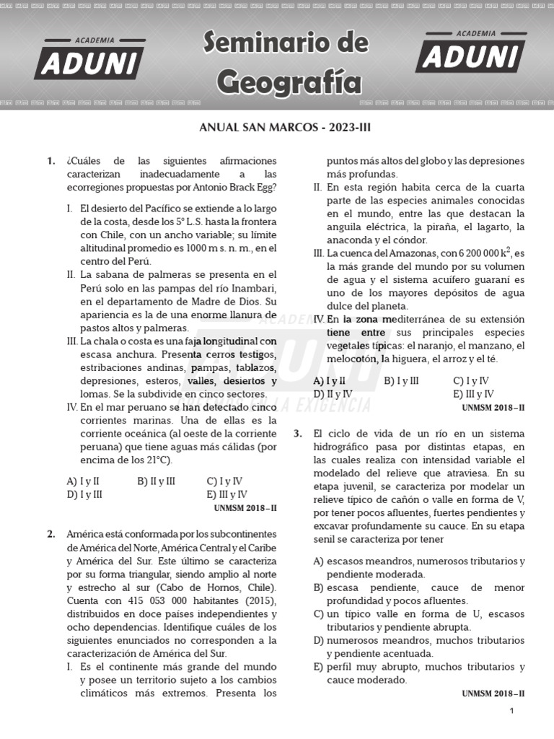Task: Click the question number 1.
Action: coord(50,161)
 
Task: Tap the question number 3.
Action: coord(297,433)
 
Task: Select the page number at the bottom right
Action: coord(511,711)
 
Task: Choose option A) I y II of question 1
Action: coord(83,481)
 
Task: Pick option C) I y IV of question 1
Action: coord(224,481)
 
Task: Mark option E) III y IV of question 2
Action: coord(473,394)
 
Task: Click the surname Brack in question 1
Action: coord(228,188)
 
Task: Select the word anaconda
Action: coord(349,240)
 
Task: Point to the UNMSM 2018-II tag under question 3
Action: coord(493,694)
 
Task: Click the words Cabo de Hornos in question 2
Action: coord(156,588)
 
